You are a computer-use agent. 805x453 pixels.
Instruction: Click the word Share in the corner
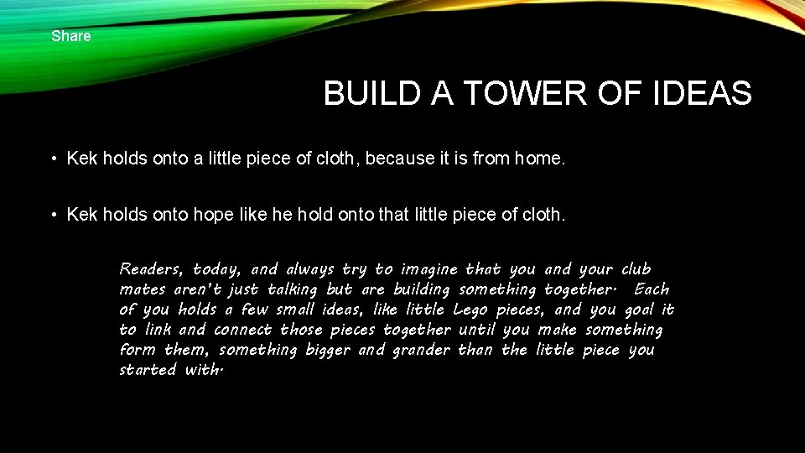point(70,36)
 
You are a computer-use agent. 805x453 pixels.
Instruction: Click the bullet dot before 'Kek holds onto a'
point(52,159)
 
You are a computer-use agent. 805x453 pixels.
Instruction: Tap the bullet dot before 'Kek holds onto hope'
point(52,216)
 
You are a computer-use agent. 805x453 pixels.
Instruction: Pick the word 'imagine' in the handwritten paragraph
point(428,269)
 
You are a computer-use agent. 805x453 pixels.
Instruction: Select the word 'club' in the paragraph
point(636,269)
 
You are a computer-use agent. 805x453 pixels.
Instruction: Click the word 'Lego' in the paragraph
point(471,310)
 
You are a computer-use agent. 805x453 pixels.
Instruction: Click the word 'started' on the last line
point(148,370)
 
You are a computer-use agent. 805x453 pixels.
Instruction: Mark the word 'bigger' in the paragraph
point(326,350)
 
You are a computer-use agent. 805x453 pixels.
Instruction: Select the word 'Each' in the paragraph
point(652,289)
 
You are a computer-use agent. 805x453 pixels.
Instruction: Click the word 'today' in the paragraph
point(216,269)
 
